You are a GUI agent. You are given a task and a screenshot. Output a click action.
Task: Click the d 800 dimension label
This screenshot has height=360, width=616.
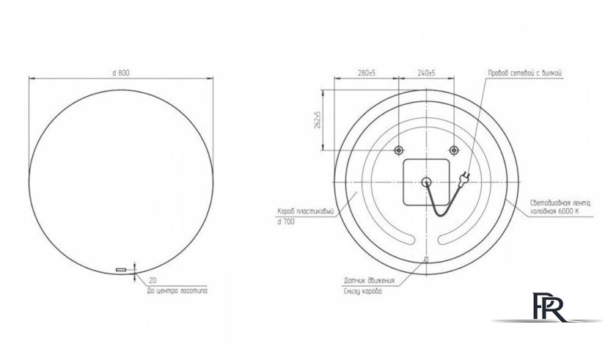coord(122,73)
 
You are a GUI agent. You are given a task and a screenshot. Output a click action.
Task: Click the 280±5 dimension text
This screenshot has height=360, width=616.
coord(366,73)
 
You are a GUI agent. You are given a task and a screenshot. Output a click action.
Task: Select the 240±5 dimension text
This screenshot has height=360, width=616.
coord(425,73)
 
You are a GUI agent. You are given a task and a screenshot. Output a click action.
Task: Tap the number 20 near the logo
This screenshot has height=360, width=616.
coord(153,280)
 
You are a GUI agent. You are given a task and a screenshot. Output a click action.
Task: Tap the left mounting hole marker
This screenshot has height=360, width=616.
coord(398,150)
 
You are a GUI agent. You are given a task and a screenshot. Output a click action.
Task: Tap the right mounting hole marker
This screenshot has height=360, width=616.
coord(454,150)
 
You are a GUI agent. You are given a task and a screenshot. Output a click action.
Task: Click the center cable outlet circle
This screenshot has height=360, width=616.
coord(426,183)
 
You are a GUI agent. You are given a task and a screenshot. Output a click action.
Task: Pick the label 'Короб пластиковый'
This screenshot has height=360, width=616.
coord(306,212)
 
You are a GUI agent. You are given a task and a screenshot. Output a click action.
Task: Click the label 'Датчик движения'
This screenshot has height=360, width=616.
coord(369,281)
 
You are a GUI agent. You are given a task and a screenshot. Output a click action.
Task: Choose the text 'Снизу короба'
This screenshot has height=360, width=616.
coord(364,291)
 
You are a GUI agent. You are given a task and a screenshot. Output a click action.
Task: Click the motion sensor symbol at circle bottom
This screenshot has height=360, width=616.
coord(426,260)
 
